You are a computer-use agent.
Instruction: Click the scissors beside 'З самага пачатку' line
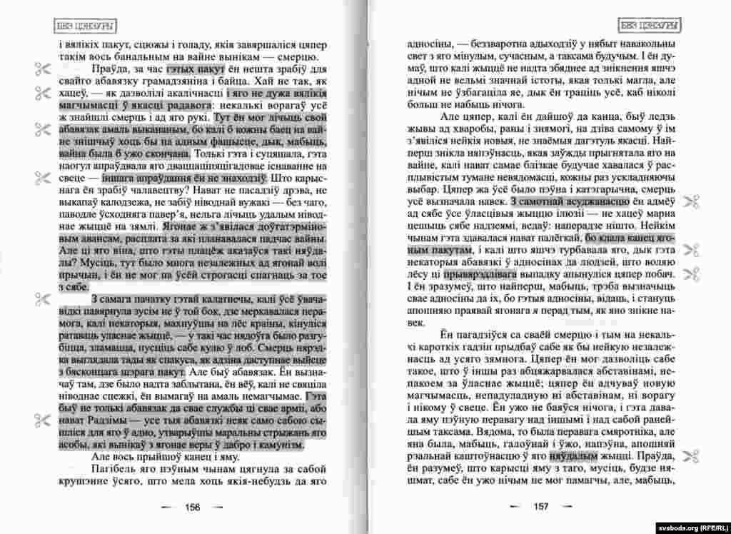pyautogui.click(x=40, y=299)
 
